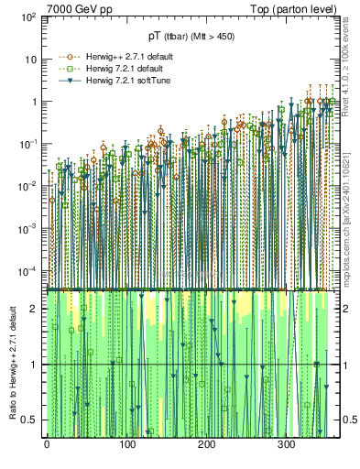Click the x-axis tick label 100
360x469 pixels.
pos(125,444)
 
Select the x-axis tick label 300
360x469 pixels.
pos(286,444)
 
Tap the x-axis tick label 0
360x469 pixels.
pos(46,444)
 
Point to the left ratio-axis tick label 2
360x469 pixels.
pos(35,309)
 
